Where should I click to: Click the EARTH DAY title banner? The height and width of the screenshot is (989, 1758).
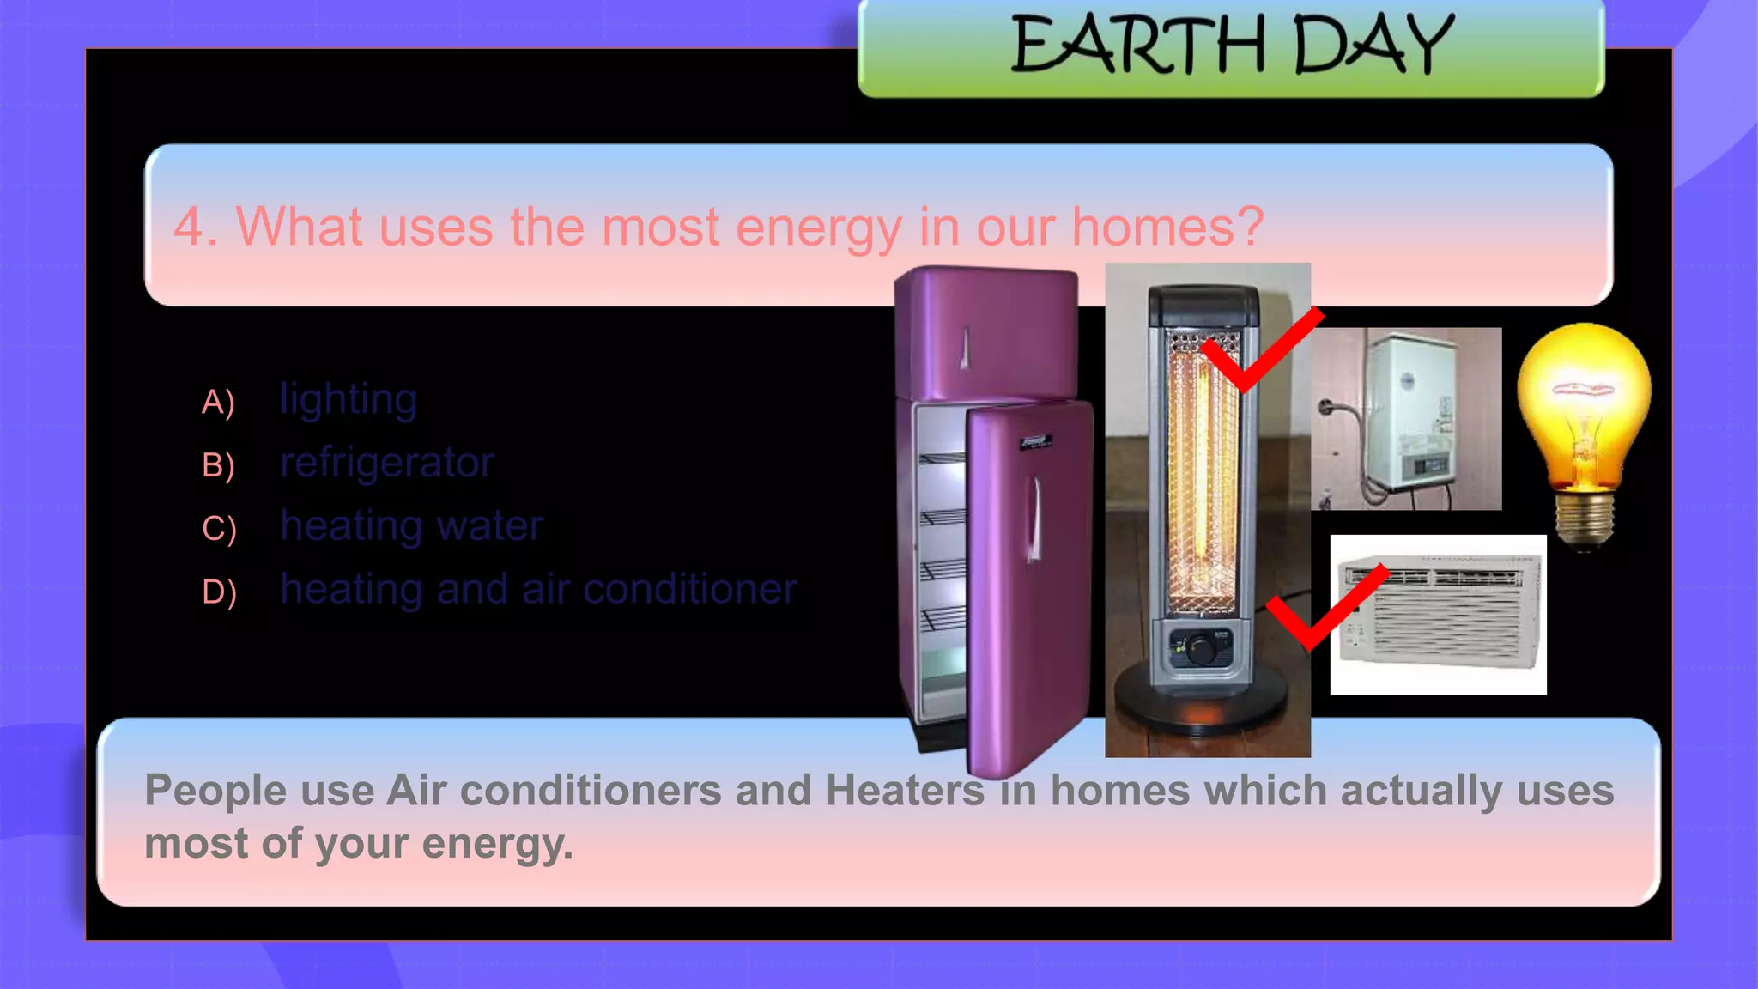click(x=1231, y=46)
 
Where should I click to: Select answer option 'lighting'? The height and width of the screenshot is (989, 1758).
click(x=349, y=400)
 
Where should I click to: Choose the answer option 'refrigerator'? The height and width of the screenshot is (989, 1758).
click(x=387, y=464)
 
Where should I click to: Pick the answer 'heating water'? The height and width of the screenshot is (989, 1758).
click(x=412, y=526)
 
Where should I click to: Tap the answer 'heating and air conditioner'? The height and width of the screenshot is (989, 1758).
click(x=538, y=590)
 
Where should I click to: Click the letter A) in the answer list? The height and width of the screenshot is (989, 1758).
click(x=218, y=402)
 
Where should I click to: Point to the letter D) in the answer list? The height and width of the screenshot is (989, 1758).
click(x=219, y=592)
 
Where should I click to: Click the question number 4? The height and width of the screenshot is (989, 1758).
click(x=189, y=228)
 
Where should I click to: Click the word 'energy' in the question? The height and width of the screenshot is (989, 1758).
click(x=818, y=228)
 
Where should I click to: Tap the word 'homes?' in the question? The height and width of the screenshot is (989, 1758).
click(x=1167, y=227)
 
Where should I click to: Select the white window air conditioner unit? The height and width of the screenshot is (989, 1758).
click(x=1439, y=614)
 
